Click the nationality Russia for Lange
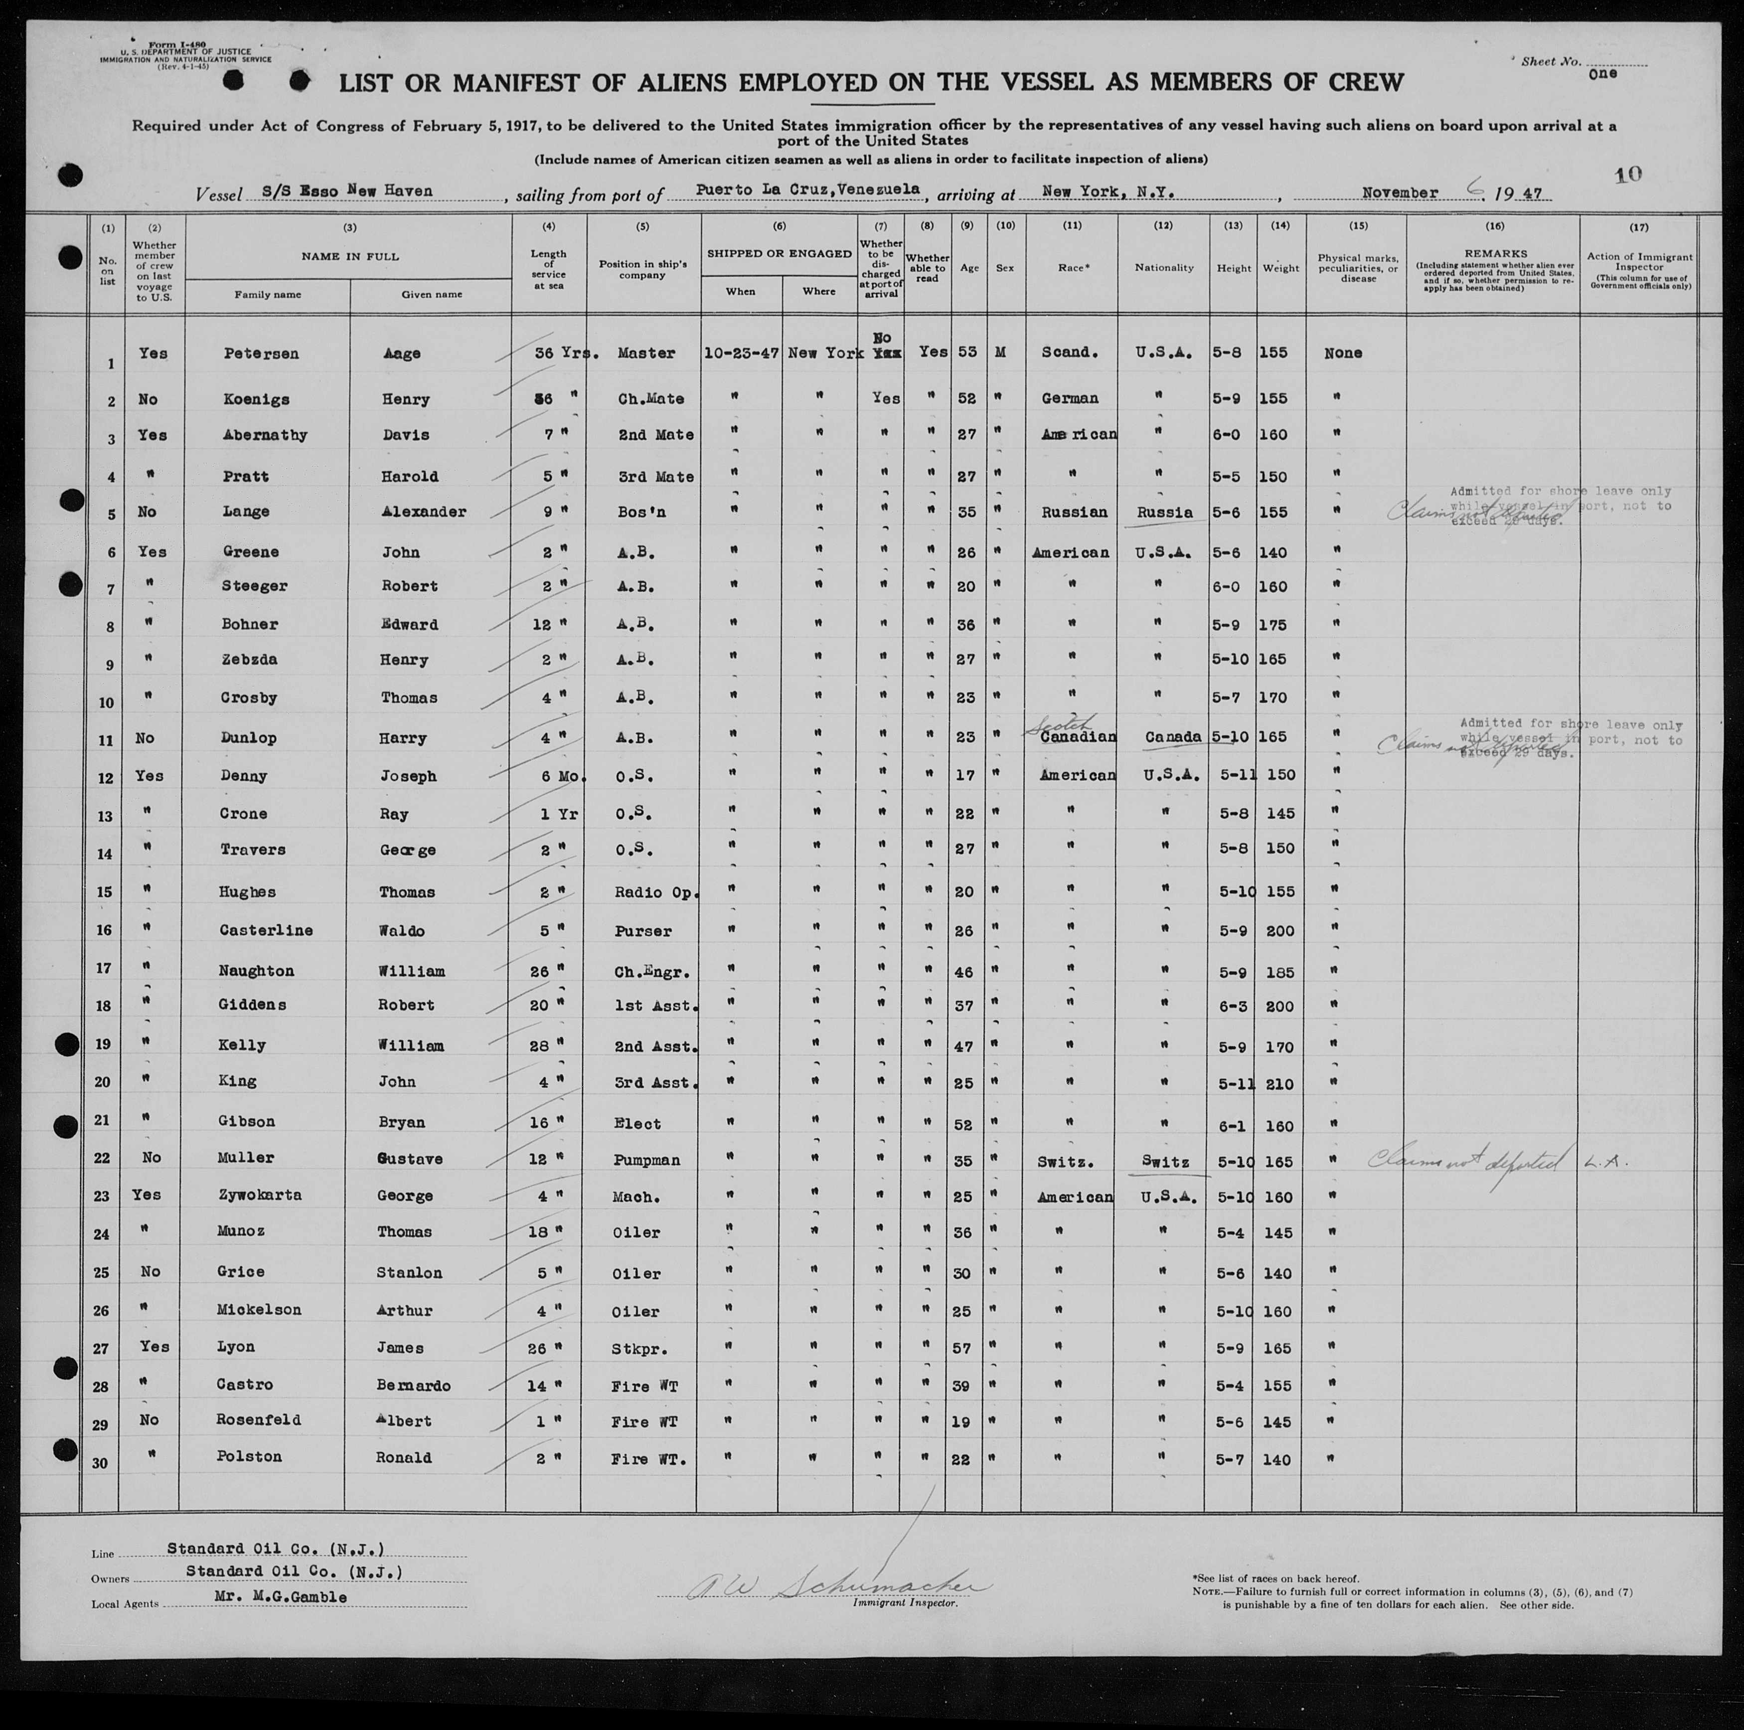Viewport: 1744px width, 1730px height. [1164, 512]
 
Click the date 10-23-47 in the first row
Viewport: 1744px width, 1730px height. [741, 353]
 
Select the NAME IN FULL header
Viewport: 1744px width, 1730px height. [350, 256]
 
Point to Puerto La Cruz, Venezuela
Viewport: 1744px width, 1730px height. [808, 189]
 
